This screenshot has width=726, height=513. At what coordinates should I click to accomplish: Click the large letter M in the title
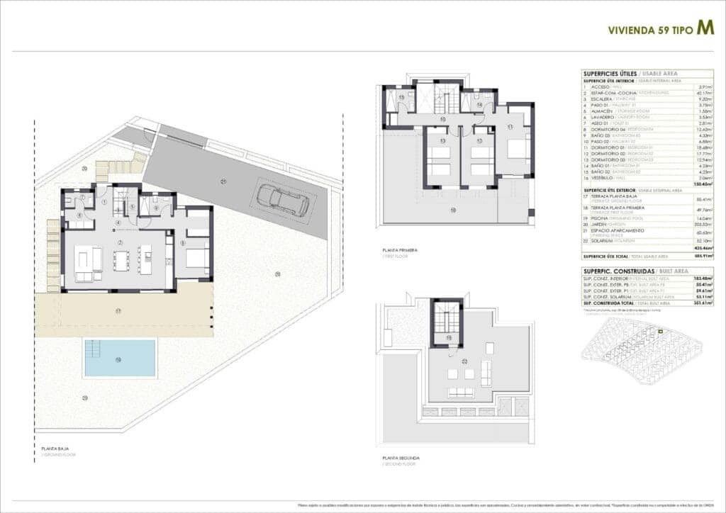(705, 28)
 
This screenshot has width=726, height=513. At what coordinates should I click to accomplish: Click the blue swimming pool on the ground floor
(119, 358)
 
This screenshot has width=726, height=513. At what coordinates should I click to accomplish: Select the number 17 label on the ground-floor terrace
(119, 310)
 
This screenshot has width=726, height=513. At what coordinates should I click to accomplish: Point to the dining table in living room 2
(121, 261)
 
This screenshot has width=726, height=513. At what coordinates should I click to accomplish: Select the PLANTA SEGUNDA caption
(401, 458)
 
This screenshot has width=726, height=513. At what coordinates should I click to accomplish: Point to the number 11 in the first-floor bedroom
(510, 127)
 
